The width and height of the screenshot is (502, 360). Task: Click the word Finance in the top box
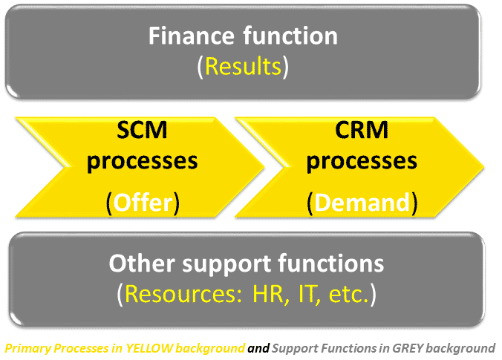pyautogui.click(x=192, y=35)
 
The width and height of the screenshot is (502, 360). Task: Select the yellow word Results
pyautogui.click(x=243, y=66)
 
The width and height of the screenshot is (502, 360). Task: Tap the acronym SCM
pyautogui.click(x=142, y=130)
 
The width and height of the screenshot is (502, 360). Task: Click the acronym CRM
pyautogui.click(x=362, y=130)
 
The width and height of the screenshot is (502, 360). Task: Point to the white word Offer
pyautogui.click(x=143, y=203)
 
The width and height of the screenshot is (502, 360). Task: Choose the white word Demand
pyautogui.click(x=362, y=203)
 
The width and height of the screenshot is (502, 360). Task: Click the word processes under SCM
pyautogui.click(x=142, y=162)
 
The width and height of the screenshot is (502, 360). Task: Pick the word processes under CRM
pyautogui.click(x=362, y=162)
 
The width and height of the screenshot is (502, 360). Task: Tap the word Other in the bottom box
pyautogui.click(x=142, y=264)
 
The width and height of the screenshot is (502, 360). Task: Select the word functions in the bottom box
pyautogui.click(x=331, y=264)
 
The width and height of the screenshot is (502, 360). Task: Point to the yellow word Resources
pyautogui.click(x=183, y=294)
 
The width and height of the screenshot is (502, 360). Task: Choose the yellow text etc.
pyautogui.click(x=349, y=295)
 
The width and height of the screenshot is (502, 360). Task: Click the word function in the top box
pyautogui.click(x=290, y=35)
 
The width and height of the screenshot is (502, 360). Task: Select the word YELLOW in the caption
pyautogui.click(x=149, y=348)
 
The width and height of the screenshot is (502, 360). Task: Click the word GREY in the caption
pyautogui.click(x=408, y=348)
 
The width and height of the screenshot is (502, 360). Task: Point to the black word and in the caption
pyautogui.click(x=258, y=348)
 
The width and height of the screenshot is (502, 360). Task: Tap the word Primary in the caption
pyautogui.click(x=28, y=349)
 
